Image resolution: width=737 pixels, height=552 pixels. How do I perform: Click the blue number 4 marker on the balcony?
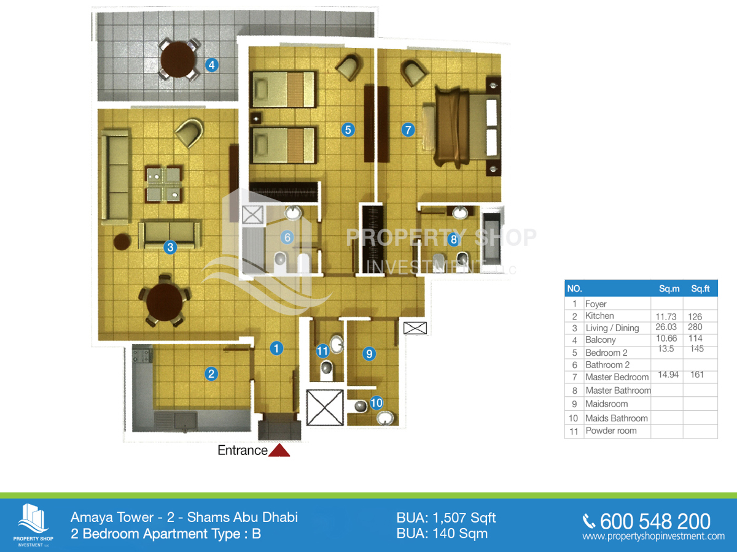[212, 64]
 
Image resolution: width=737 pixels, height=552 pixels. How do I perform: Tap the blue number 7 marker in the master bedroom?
[408, 129]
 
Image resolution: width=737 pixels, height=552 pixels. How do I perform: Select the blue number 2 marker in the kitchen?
[211, 374]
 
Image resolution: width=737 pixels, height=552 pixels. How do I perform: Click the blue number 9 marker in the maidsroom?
[369, 354]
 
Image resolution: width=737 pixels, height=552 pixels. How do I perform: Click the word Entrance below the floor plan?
[243, 450]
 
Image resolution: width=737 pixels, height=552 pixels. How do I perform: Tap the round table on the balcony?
[178, 60]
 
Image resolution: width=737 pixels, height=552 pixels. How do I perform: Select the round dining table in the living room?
[165, 302]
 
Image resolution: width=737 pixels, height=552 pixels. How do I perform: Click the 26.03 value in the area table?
[666, 327]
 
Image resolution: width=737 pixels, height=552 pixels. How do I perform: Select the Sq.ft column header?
[700, 288]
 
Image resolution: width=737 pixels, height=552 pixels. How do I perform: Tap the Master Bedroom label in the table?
[617, 377]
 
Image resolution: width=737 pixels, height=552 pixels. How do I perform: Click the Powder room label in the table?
[611, 431]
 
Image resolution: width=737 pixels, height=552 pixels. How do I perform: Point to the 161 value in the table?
[697, 375]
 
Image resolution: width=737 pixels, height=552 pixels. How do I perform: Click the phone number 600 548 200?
[655, 521]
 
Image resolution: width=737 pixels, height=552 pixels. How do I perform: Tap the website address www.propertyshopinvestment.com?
[653, 536]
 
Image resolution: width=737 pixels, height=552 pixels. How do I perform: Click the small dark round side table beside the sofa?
[122, 242]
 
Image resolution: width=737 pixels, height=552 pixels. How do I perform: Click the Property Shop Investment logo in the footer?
[33, 525]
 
